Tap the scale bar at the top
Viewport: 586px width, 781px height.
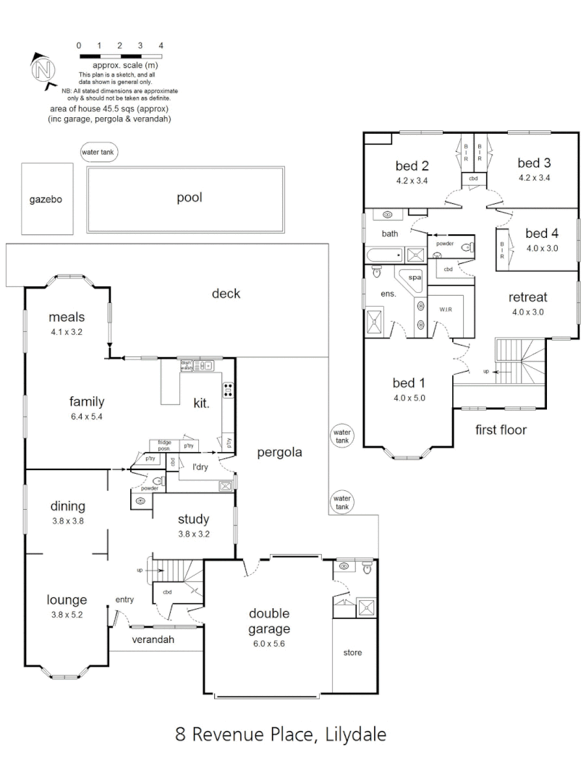120,56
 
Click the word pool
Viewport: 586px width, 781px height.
189,197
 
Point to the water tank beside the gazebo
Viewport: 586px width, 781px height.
99,153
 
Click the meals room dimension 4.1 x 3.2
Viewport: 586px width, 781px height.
67,332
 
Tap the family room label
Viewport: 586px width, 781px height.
87,401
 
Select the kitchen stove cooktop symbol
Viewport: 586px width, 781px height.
228,390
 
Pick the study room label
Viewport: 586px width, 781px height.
193,518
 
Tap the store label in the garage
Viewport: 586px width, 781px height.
352,653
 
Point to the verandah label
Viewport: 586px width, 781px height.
153,640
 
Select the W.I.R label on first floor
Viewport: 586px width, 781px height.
446,310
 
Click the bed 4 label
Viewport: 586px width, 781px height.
542,233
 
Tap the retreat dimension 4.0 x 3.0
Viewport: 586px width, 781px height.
527,312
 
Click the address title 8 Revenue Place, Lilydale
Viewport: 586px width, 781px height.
281,735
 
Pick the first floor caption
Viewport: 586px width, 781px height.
501,430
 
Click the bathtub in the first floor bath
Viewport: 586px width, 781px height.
384,255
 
